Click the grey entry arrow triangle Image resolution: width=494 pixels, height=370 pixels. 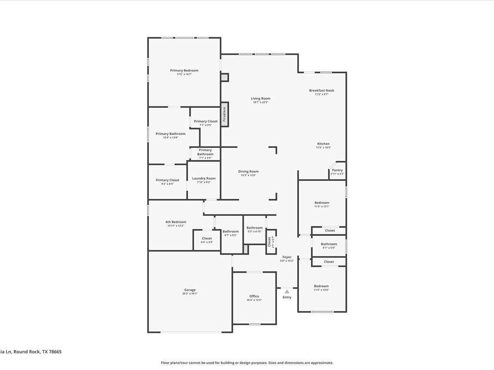(x=287, y=291)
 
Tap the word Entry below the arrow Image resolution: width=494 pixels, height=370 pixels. (x=287, y=297)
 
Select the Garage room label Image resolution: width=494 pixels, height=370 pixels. (x=190, y=290)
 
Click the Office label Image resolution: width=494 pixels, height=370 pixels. (x=254, y=296)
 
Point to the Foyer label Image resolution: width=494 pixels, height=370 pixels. (x=287, y=257)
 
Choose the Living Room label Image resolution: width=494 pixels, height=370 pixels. (x=261, y=99)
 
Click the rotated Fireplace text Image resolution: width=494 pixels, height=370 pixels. (x=224, y=115)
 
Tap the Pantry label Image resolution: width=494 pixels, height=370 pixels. (x=337, y=170)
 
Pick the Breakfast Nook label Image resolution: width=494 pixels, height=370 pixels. (x=322, y=91)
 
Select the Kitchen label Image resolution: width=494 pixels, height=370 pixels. (x=323, y=144)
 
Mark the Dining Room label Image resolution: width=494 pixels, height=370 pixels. (x=248, y=172)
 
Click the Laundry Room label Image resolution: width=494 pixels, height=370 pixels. (x=204, y=178)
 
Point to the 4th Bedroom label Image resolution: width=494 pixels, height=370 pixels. (x=176, y=222)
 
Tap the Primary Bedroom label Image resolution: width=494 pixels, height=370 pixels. (x=184, y=71)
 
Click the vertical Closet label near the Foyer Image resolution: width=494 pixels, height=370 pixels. (x=270, y=241)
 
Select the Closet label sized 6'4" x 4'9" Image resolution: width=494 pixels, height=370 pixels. (x=207, y=238)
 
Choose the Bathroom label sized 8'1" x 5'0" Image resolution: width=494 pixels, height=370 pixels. (x=329, y=244)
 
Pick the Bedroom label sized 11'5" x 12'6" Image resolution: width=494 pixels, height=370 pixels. (x=321, y=286)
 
